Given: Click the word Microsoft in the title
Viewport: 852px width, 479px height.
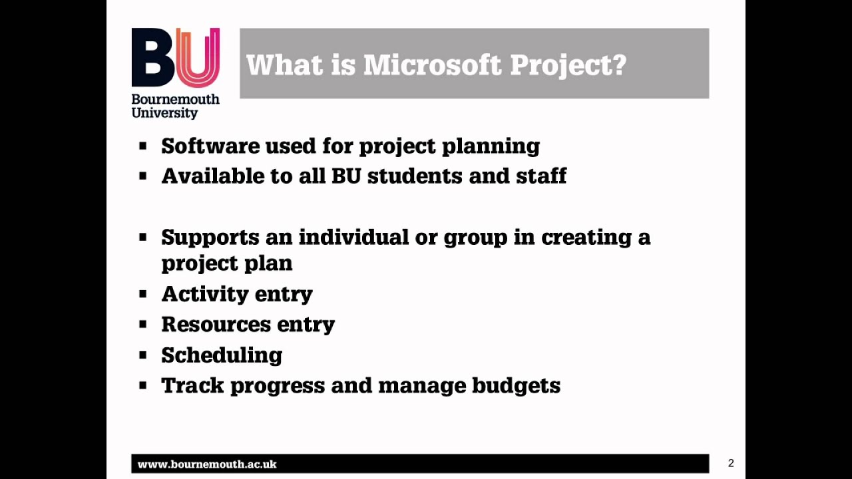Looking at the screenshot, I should click(432, 65).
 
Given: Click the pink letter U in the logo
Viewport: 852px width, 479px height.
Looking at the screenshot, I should click(199, 57).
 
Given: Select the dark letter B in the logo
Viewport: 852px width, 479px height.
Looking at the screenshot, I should click(153, 58).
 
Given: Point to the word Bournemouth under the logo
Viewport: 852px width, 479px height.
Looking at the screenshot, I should click(175, 99).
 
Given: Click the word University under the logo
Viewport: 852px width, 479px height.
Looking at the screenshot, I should click(164, 112).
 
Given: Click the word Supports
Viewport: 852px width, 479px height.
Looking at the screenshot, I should click(210, 238).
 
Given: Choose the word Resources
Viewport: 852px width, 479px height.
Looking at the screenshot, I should click(215, 324).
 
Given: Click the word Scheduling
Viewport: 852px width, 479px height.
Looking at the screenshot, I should click(222, 355).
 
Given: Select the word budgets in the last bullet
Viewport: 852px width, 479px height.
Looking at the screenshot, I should click(516, 386).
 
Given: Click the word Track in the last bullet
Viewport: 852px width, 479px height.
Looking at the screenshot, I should click(192, 385).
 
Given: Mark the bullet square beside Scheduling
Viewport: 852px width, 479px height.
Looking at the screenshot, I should click(142, 355).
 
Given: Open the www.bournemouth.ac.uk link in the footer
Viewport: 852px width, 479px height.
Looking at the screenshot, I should click(207, 464).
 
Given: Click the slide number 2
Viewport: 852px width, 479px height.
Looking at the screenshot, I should click(731, 463).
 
